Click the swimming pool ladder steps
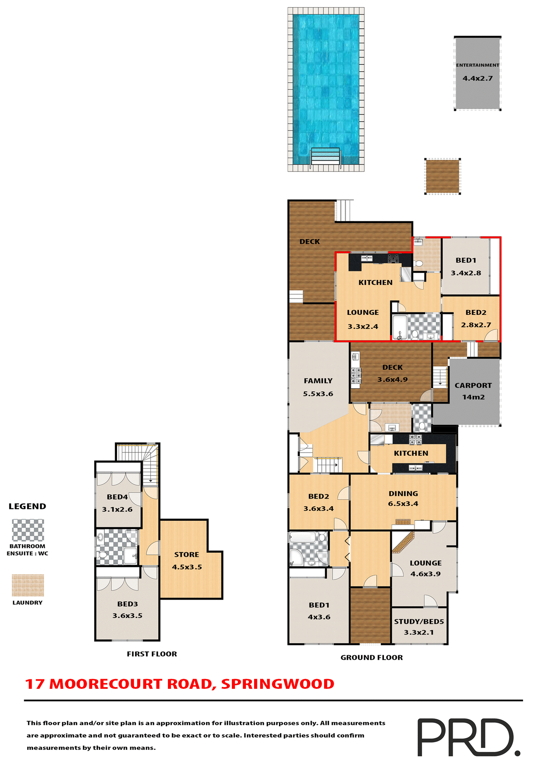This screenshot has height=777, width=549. [325, 156]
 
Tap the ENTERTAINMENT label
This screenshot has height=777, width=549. [477, 65]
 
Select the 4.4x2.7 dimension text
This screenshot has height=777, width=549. [477, 79]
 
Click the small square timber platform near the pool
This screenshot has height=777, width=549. [442, 176]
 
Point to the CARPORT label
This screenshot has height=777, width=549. [473, 386]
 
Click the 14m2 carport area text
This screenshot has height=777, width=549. [473, 397]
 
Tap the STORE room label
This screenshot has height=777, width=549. [187, 555]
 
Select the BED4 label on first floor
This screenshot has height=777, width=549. [117, 497]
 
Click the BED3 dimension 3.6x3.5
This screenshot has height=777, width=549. [127, 616]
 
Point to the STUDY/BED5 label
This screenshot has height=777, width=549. [419, 622]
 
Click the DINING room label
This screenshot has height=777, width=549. [403, 494]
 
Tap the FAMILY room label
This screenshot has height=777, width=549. [318, 381]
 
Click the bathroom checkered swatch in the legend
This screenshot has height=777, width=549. [28, 530]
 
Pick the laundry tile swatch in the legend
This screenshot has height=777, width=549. [28, 585]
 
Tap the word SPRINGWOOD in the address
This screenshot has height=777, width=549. [278, 684]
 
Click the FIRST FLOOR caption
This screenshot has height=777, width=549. [152, 654]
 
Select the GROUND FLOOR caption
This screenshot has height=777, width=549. [371, 658]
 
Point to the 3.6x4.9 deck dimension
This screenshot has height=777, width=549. [392, 380]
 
